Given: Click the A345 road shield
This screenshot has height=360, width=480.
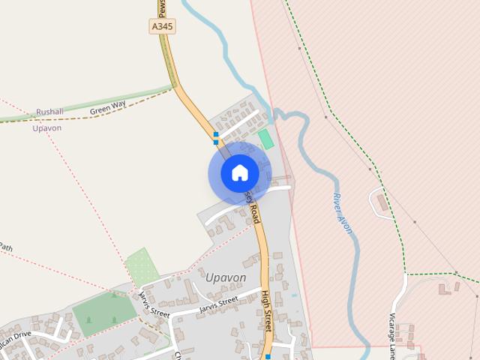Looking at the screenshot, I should [x=162, y=26].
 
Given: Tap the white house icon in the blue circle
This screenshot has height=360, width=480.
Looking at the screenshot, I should [x=239, y=173].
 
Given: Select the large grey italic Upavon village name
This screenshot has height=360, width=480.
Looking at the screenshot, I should [x=225, y=277].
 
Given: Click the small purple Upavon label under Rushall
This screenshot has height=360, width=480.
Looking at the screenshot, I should [x=46, y=128].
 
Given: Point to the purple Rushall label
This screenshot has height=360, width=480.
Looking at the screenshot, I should [x=50, y=112].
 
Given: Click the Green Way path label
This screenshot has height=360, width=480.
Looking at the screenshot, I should [x=107, y=109].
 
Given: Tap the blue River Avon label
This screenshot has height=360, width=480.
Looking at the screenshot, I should [x=342, y=213].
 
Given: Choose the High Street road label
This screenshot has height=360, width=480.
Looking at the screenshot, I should [x=265, y=311].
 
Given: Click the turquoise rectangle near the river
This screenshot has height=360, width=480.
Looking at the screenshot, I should [x=265, y=139].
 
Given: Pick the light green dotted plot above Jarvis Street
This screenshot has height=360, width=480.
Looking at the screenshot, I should [x=142, y=266].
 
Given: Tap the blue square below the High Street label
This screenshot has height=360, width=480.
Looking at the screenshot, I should [x=268, y=357].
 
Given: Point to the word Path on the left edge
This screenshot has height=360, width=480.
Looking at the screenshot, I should [x=6, y=247].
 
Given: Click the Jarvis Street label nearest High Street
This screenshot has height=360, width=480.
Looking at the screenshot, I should [x=219, y=304].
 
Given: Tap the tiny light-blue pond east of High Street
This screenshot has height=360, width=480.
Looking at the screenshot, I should [x=294, y=295].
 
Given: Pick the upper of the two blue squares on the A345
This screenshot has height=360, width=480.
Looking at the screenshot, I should [x=216, y=134].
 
